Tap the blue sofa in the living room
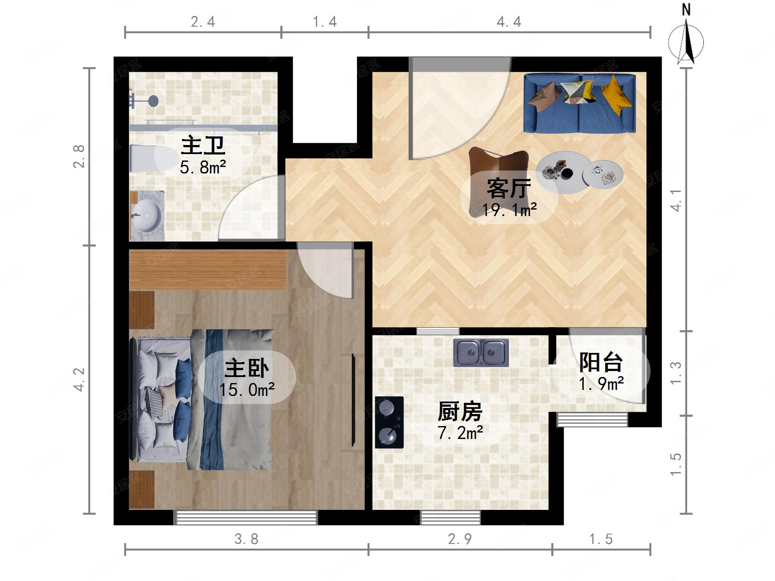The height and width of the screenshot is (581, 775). point(580,103)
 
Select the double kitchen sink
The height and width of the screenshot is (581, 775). point(480,352)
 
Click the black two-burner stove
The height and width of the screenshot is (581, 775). point(389,422)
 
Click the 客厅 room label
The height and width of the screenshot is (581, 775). point(508,189)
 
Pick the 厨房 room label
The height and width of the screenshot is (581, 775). point(460,411)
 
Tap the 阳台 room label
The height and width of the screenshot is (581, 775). point(601,362)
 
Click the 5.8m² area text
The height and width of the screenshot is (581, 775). point(203,167)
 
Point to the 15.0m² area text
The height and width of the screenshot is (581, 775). point(247,390)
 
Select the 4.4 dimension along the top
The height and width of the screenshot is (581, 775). point(509,22)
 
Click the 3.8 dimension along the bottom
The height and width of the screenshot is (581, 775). point(246,539)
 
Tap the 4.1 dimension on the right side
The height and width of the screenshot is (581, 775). point(676,200)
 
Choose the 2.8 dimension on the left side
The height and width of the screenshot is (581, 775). point(79,156)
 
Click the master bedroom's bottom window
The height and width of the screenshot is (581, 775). point(245,517)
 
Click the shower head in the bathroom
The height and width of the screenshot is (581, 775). point(153,101)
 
